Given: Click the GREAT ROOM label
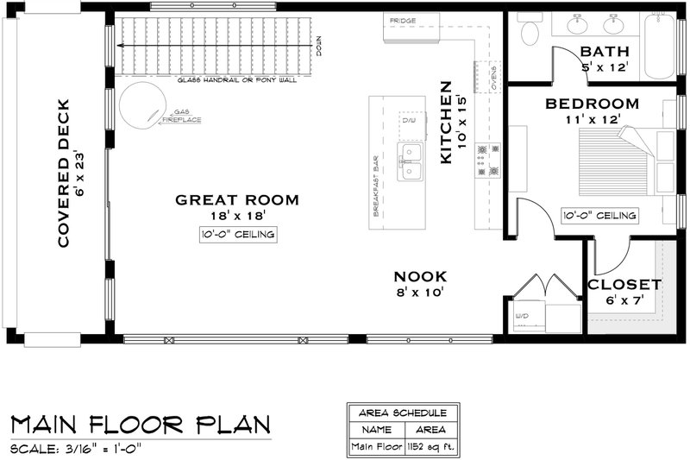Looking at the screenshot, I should (237, 200).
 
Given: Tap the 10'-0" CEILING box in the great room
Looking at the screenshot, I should (237, 235).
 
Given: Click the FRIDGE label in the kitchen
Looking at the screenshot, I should (402, 20).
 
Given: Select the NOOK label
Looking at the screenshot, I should (420, 276).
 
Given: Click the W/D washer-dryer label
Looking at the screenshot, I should (524, 316).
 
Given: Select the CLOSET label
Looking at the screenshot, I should (624, 284).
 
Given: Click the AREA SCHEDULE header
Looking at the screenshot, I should (398, 412).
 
